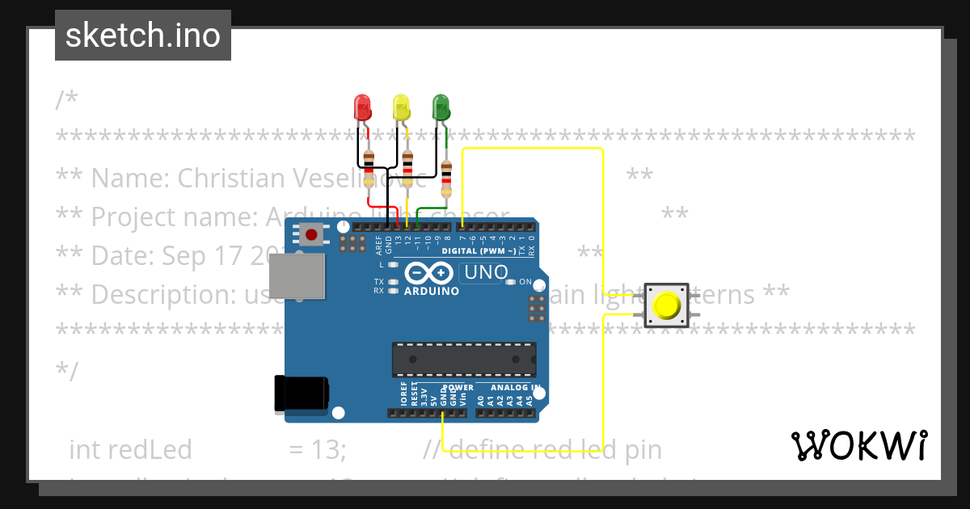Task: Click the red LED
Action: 361,107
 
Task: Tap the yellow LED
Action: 401,107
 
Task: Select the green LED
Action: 441,107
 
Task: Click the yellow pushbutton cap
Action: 667,305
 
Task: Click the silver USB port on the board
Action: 296,276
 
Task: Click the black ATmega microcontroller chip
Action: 464,360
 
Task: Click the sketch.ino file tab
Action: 143,36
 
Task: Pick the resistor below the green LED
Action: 446,178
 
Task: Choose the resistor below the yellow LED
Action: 407,167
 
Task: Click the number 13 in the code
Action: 328,449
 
